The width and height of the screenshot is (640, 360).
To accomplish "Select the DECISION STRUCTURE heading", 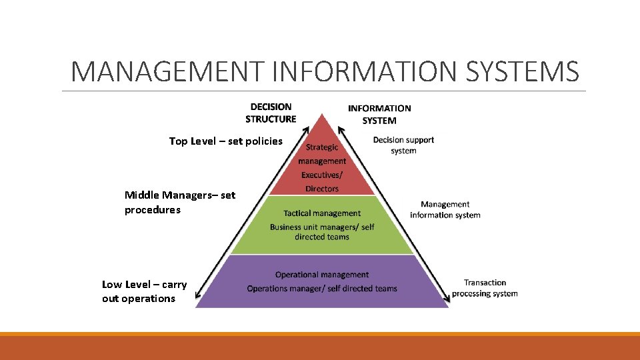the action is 271,113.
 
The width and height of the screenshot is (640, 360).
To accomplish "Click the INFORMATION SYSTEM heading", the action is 379,114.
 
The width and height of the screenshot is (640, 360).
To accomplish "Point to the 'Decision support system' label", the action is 403,145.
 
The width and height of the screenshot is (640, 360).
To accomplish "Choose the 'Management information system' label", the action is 445,209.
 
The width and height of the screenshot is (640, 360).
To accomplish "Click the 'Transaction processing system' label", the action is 485,288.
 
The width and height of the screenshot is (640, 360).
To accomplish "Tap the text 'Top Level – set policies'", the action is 225,141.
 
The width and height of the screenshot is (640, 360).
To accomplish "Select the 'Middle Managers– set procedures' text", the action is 179,202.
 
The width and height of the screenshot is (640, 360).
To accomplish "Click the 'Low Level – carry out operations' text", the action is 144,291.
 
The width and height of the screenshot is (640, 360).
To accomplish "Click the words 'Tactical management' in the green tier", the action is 322,213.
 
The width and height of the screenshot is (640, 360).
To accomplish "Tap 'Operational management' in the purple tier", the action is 322,275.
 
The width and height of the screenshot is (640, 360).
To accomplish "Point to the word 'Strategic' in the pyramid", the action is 322,147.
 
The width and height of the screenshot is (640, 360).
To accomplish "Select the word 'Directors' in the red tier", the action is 322,189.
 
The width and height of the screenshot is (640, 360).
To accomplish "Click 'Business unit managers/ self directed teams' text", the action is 322,232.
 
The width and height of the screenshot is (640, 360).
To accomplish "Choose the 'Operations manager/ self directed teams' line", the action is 322,289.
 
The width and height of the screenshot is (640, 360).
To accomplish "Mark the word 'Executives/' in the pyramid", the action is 322,175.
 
